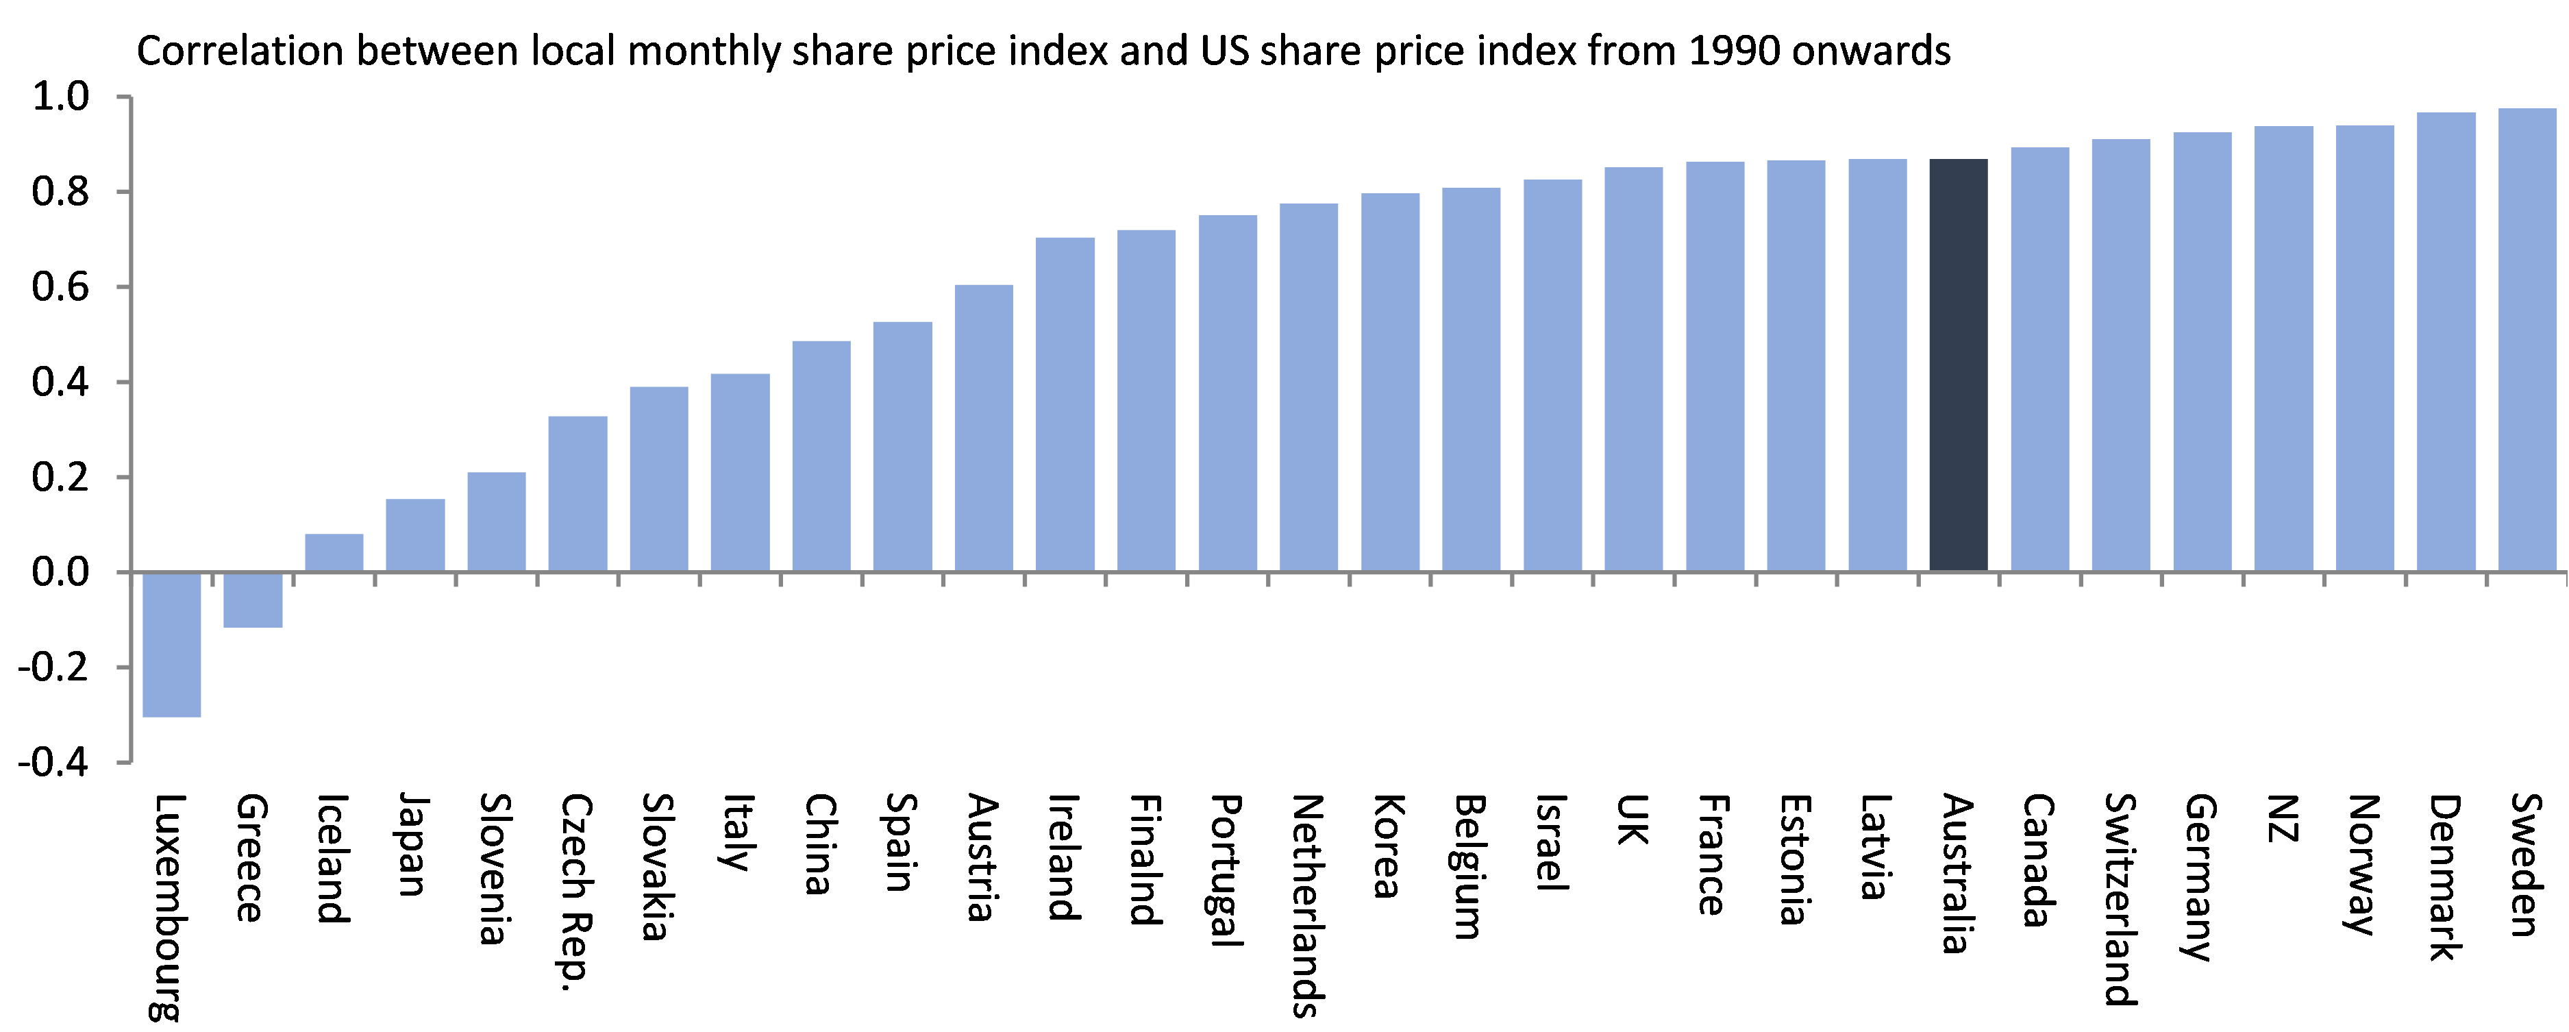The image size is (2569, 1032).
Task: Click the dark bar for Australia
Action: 1959,365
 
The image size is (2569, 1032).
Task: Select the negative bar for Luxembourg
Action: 171,643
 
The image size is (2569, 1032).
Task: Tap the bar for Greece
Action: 252,599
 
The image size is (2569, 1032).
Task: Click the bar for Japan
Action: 415,535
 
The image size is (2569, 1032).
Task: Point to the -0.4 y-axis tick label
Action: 55,763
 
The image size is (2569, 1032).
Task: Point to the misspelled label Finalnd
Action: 1145,859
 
